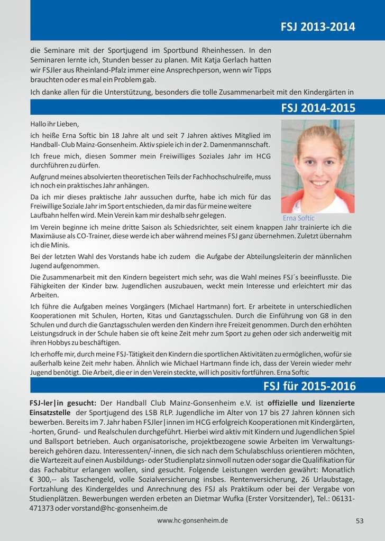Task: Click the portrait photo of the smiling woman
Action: click(317, 166)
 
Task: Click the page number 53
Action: click(360, 520)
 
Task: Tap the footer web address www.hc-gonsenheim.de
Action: click(192, 520)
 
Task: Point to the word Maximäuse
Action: click(48, 236)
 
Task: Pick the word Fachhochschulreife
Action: click(220, 176)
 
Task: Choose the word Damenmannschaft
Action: click(235, 144)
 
